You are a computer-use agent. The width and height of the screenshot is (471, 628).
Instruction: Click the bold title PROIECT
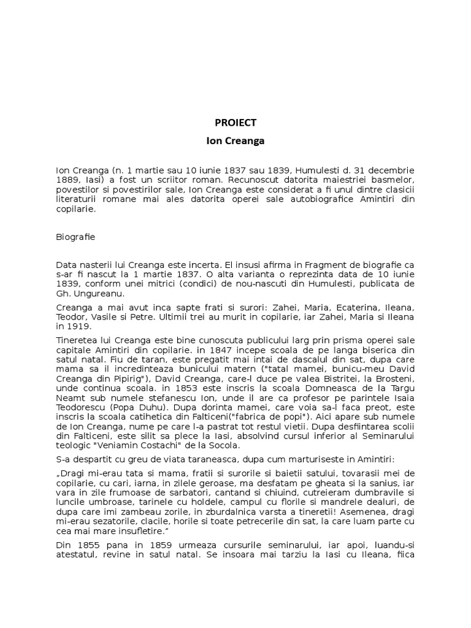pyautogui.click(x=235, y=122)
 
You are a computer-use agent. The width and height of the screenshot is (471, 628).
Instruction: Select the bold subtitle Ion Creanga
pyautogui.click(x=235, y=140)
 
